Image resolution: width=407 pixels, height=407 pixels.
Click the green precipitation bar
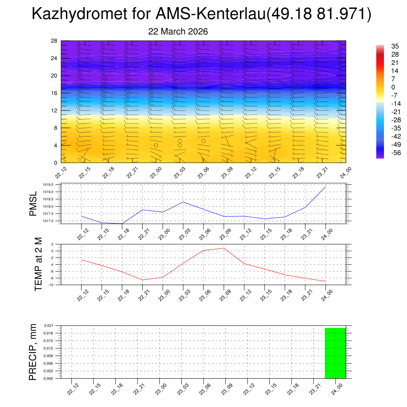click(x=335, y=353)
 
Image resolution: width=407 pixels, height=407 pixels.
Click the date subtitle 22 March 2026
click(x=178, y=31)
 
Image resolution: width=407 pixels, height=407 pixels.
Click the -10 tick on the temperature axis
click(x=52, y=285)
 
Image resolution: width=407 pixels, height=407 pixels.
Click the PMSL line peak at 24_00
click(x=326, y=187)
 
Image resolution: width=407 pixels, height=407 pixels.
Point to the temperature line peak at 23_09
click(x=224, y=248)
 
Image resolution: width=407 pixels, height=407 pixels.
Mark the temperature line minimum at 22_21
click(x=142, y=280)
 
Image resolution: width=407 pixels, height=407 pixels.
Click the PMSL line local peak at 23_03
click(x=183, y=202)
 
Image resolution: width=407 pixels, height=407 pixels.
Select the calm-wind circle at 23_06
click(x=203, y=141)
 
